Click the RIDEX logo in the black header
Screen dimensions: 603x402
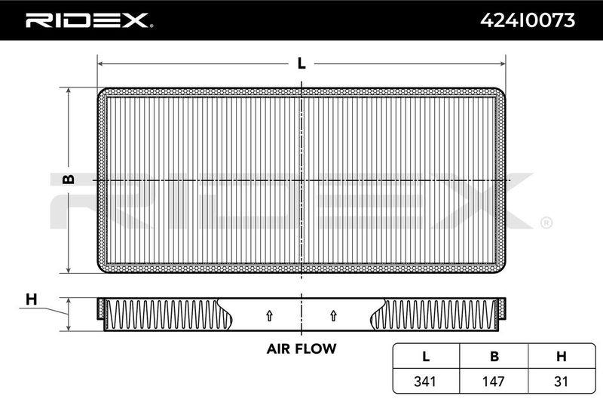pos(89,20)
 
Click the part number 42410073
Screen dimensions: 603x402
pos(528,20)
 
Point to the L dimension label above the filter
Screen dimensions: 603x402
pos(301,63)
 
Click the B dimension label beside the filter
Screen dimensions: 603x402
pos(69,180)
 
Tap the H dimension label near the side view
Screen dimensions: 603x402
pos(31,299)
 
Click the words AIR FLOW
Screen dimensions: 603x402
pos(301,349)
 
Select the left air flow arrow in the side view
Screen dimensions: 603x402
pos(269,315)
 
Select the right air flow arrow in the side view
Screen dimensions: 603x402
pos(333,315)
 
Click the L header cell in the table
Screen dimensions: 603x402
pos(426,356)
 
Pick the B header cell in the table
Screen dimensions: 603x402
pos(494,356)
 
